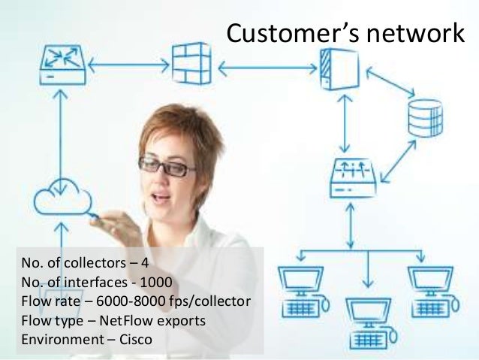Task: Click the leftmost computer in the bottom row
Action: tap(299, 289)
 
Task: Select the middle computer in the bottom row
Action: tap(368, 316)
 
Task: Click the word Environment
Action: tap(55, 340)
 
